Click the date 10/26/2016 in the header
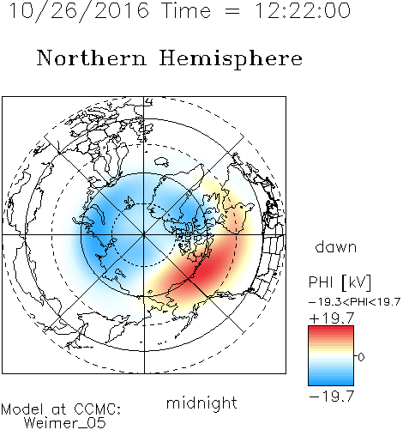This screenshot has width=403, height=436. coord(79,11)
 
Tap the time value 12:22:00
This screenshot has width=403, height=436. coord(302,10)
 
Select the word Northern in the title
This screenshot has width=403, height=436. coord(91,58)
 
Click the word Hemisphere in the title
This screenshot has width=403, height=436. coord(231,59)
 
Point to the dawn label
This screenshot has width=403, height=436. coord(336,247)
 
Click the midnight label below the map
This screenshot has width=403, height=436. coord(201,403)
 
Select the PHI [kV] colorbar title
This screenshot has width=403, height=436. coord(340,282)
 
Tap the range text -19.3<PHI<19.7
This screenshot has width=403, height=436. coord(354,302)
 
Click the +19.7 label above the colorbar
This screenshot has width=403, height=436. coord(332,318)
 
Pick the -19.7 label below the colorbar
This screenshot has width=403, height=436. coord(332,397)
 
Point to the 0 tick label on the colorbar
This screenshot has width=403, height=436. coord(361,357)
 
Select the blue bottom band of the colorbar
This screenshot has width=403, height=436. coord(331,380)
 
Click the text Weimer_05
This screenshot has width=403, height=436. coord(65,423)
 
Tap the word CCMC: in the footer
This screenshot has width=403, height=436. coord(98,409)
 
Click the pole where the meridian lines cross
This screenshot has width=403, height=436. coord(144,235)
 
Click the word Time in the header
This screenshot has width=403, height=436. coord(186,10)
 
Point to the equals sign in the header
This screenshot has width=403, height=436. coord(232,11)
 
